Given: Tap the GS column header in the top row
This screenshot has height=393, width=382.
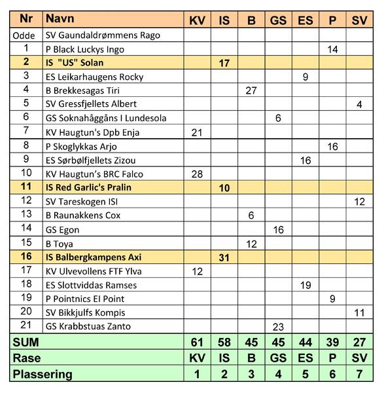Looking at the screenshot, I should [x=278, y=20].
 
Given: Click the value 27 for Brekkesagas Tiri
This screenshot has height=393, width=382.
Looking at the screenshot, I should [x=251, y=90].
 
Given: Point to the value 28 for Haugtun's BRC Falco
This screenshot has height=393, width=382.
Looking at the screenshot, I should [x=197, y=174].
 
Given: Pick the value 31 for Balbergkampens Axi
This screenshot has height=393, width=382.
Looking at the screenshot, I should [x=224, y=257].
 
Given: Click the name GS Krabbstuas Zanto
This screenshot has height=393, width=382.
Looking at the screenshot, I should [x=88, y=326].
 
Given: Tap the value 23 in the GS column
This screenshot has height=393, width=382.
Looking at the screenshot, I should [x=278, y=326].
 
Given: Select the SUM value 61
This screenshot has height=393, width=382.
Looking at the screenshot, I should [x=197, y=343].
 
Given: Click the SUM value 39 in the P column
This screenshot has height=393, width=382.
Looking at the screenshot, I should [x=332, y=343].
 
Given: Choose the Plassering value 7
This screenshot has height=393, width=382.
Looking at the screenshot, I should [x=360, y=375].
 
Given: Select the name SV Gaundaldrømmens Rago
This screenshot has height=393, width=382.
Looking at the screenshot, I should [x=103, y=35].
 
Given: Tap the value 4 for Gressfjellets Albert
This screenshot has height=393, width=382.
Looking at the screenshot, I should [x=360, y=104].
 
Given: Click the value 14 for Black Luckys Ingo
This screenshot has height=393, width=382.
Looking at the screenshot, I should [x=332, y=49].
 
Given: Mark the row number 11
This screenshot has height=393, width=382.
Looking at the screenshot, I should [x=26, y=187].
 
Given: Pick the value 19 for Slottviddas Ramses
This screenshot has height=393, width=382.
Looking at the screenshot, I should [x=305, y=285].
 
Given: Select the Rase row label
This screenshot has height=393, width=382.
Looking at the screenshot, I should [x=29, y=359].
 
